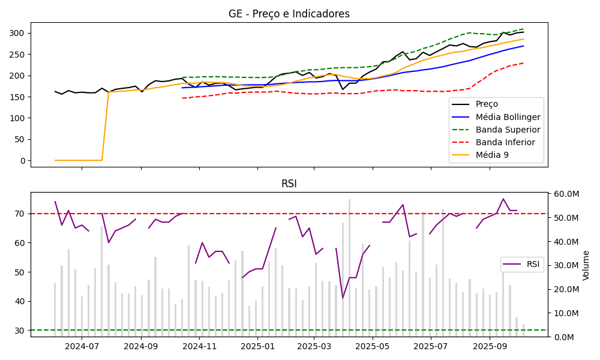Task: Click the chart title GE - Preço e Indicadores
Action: (289, 14)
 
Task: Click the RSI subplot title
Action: (289, 184)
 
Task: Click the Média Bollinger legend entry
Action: (508, 117)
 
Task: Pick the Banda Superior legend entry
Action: (508, 130)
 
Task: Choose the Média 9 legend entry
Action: (496, 155)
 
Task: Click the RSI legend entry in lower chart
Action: (533, 264)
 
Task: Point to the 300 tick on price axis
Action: (19, 33)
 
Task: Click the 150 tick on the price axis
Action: (19, 97)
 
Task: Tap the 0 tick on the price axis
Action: (23, 161)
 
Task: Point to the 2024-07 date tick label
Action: (82, 346)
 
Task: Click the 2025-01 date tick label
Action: (257, 346)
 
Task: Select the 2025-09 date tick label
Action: (490, 346)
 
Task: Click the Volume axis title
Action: (586, 265)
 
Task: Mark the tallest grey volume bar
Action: (349, 268)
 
